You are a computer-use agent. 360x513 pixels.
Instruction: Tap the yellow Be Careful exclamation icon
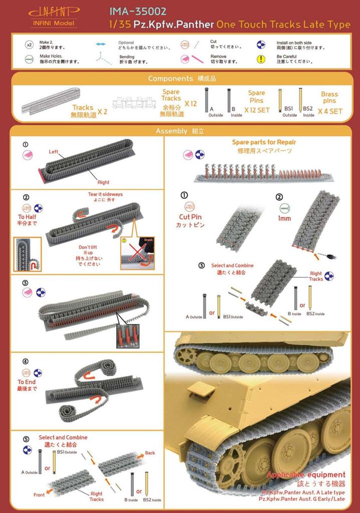click(x=260, y=59)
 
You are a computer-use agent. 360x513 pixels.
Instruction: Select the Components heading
click(x=171, y=79)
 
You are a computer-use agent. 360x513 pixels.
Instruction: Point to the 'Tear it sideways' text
click(x=105, y=194)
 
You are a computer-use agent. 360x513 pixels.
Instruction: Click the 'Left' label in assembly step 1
click(x=54, y=151)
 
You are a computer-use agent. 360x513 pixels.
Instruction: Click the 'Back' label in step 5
click(x=150, y=452)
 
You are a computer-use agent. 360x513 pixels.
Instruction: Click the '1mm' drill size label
click(x=284, y=218)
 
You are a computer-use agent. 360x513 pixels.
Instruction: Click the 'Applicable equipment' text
click(x=306, y=474)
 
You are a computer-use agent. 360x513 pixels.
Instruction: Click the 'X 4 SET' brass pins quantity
click(x=329, y=111)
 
